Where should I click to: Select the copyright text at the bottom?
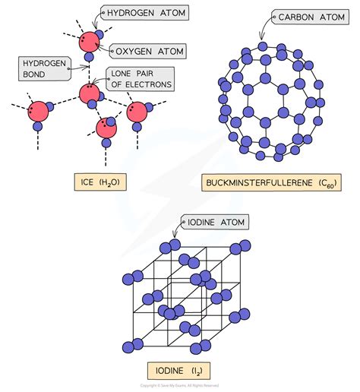point(179,386)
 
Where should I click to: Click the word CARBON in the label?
point(292,15)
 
